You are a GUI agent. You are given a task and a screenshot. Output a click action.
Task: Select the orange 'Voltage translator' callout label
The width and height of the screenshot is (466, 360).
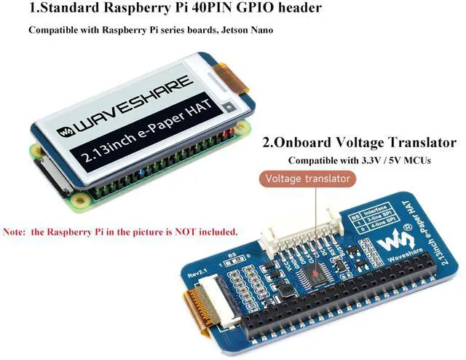308,179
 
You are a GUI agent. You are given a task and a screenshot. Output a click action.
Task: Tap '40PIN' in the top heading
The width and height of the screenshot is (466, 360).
214,9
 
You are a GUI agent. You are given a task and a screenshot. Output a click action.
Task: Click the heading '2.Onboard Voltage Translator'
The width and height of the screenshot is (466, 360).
360,143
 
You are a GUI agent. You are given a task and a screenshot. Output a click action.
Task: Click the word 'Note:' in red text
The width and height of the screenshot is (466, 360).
14,232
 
